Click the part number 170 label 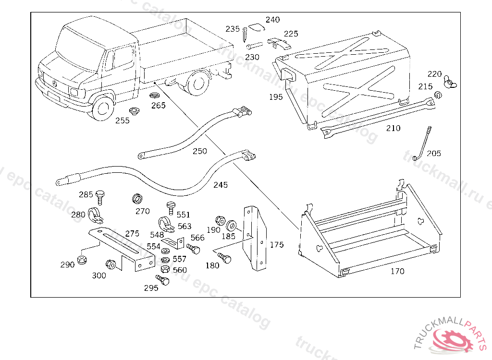point(397,271)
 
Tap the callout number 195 point(276,97)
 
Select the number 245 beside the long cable point(221,185)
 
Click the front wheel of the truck point(102,108)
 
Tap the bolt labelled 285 point(100,196)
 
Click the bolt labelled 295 point(162,279)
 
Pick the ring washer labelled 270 point(137,199)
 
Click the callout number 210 point(393,128)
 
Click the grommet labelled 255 point(135,112)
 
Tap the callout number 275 point(132,234)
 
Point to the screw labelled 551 point(171,206)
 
